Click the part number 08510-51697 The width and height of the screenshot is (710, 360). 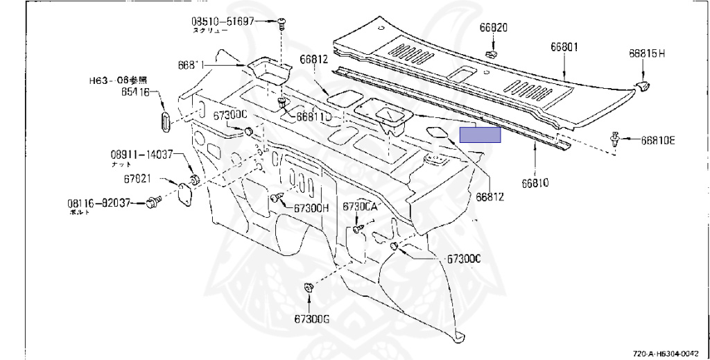[223, 22]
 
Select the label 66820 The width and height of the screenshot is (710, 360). [493, 28]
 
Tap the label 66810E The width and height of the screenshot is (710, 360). [657, 141]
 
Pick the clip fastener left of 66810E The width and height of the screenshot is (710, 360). [615, 139]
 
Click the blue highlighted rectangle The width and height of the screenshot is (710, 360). [480, 135]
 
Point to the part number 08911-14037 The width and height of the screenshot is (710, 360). [139, 154]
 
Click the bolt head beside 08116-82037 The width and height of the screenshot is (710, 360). [152, 203]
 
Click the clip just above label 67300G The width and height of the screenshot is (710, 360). [308, 288]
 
